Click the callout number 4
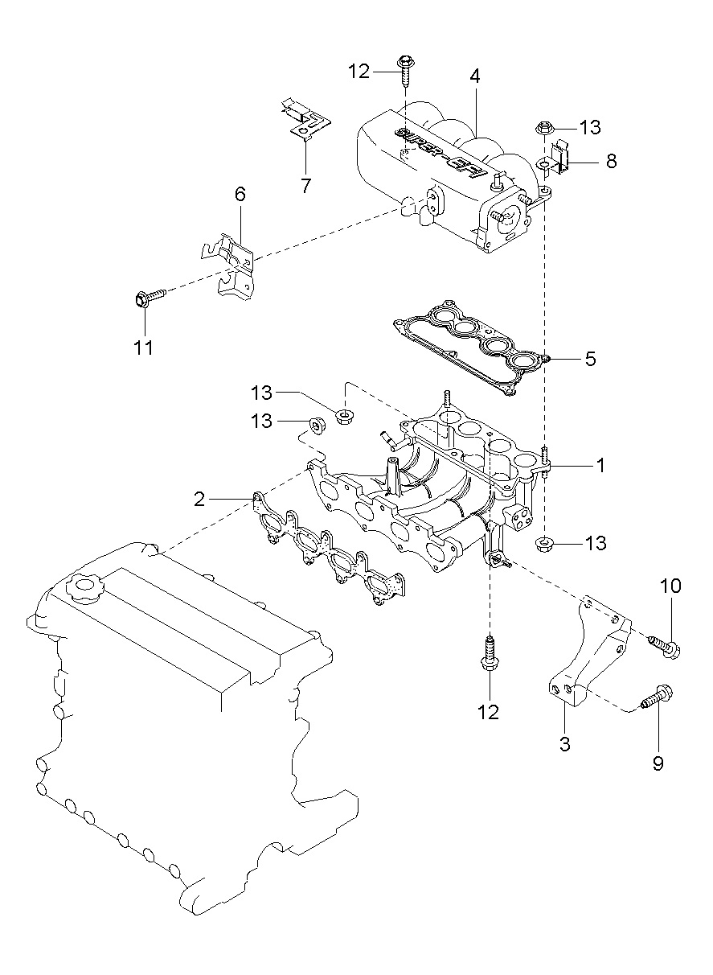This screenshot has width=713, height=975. coord(474,76)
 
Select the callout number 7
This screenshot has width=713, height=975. coord(305,185)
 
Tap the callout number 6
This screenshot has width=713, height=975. coord(240,194)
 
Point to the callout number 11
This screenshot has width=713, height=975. coord(143,348)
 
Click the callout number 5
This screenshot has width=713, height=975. coord(590,359)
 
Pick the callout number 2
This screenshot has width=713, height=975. coord(199,499)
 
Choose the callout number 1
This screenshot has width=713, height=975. coord(600,465)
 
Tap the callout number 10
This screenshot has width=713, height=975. coord(670,586)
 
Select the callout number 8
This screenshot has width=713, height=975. coord(611,162)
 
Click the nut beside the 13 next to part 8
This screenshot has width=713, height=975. coord(542,128)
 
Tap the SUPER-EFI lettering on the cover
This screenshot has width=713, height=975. coord(441,153)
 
